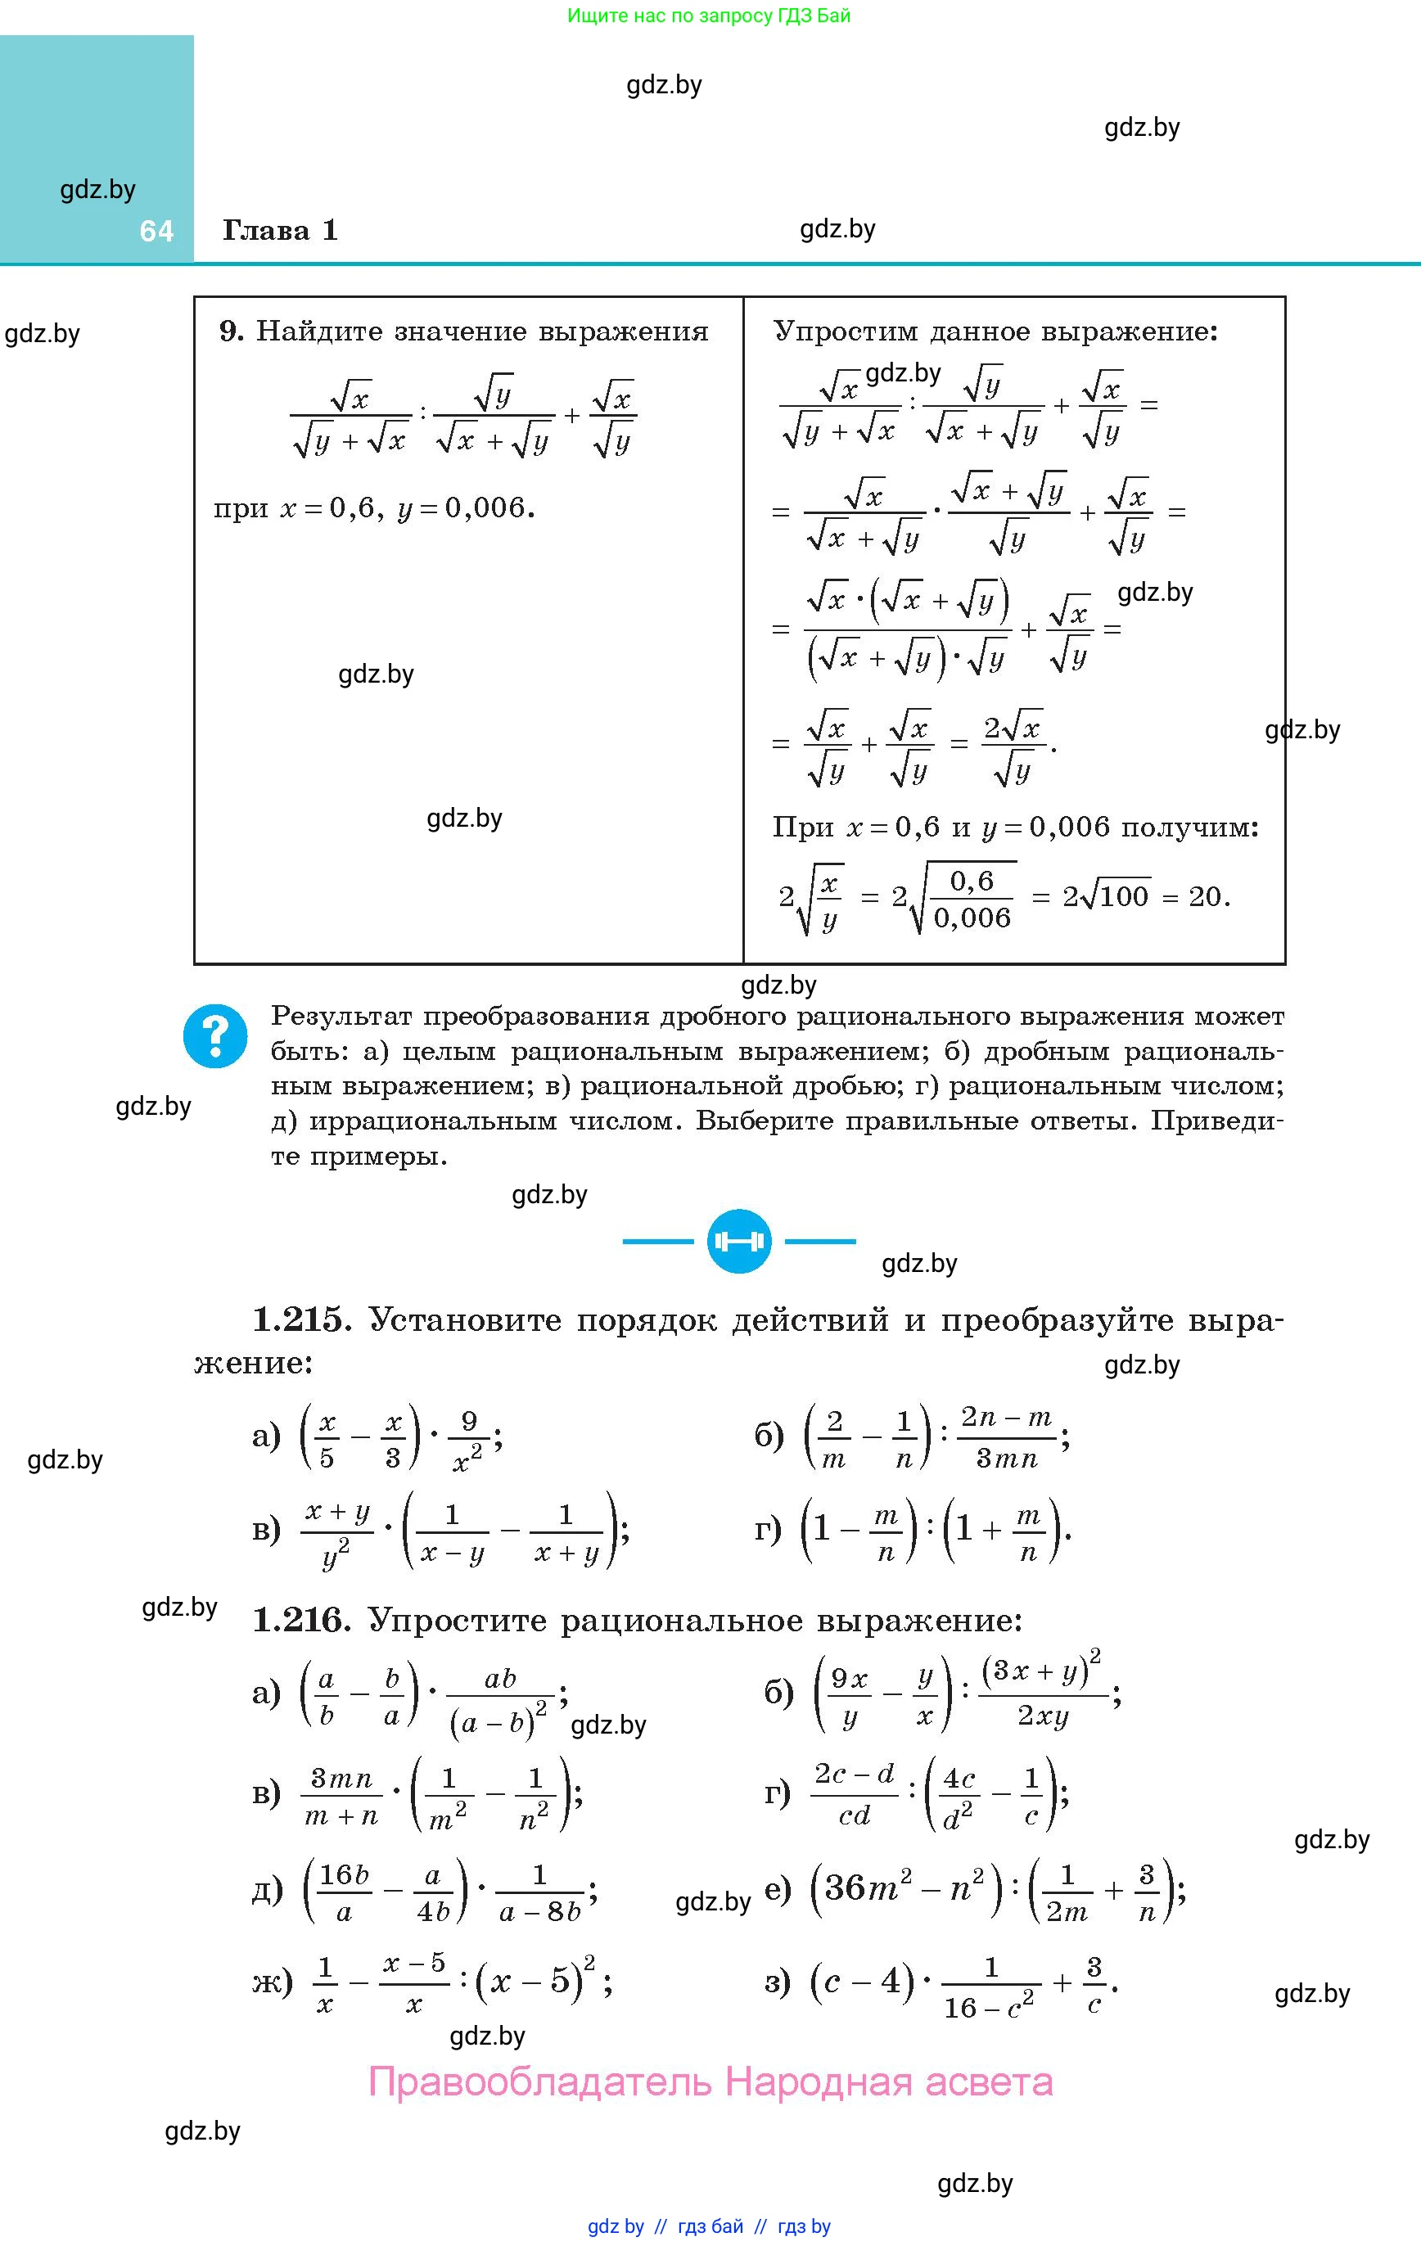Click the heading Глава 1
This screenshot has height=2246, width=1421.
click(280, 230)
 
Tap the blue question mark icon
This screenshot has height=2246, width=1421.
click(215, 1035)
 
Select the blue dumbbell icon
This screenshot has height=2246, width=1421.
click(739, 1242)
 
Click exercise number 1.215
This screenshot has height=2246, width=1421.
click(301, 1319)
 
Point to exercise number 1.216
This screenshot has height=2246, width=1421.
click(301, 1620)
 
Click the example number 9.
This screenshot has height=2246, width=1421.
click(231, 331)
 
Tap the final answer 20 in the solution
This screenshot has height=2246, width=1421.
click(1207, 896)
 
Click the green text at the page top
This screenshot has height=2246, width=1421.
click(709, 16)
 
